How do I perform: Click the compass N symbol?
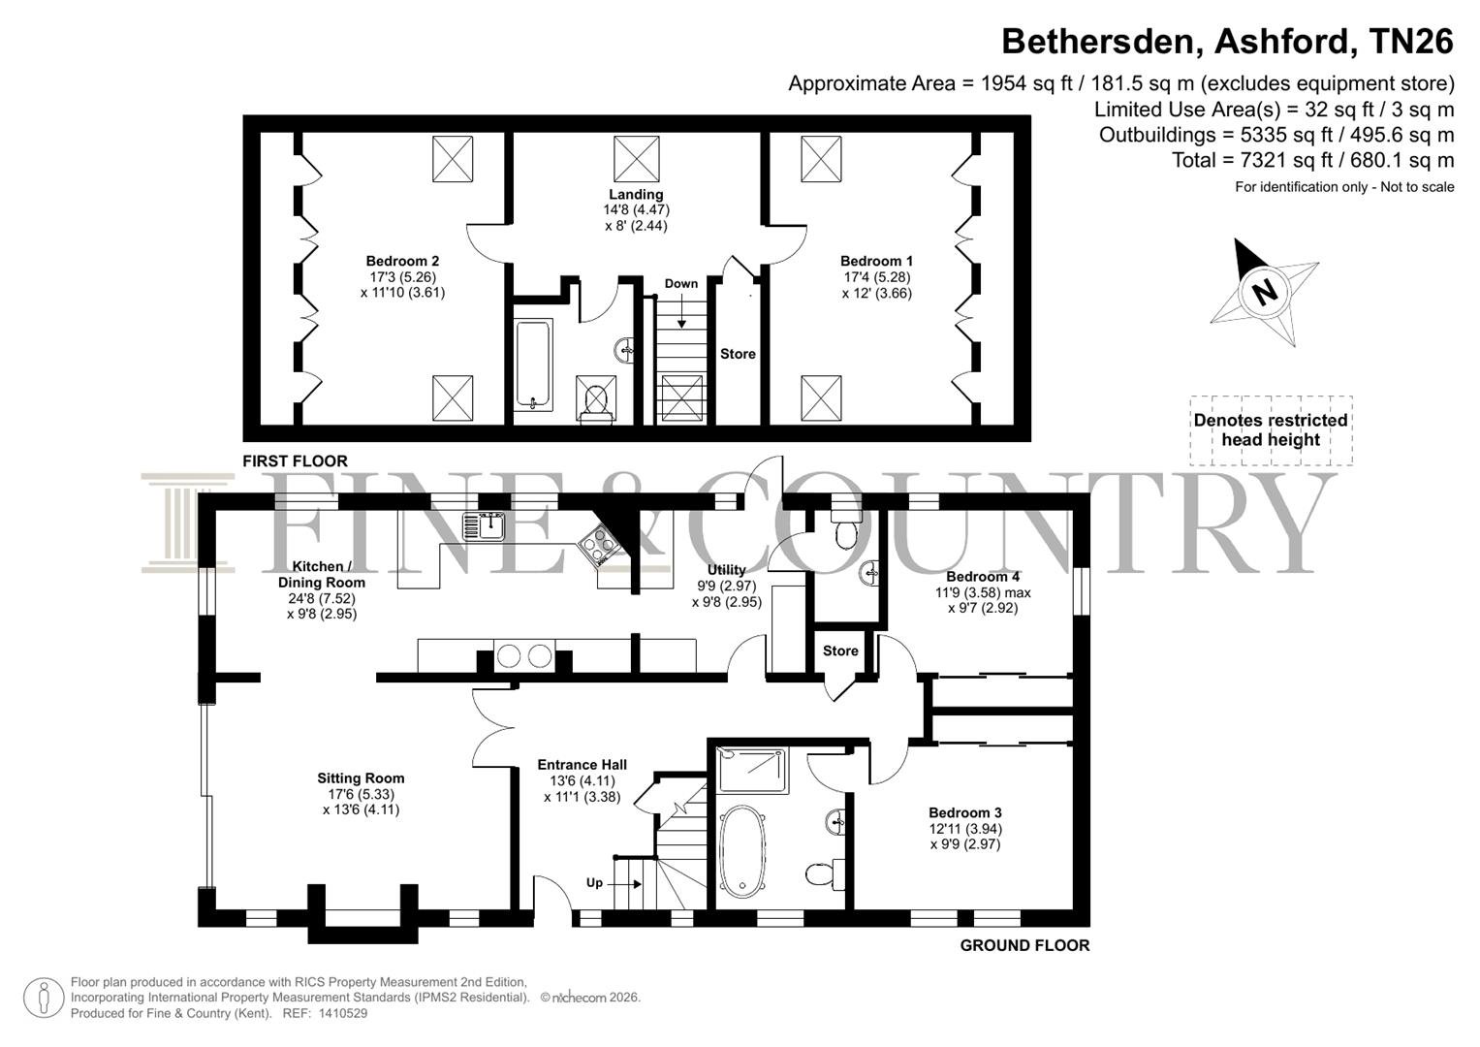coord(1265,292)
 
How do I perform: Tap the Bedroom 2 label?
coord(402,261)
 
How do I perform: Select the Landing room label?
coord(636,194)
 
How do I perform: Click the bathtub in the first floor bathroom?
coord(533,365)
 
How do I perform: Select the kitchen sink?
coord(483,526)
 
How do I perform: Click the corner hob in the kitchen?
coord(599,546)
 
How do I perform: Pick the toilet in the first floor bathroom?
coord(596,398)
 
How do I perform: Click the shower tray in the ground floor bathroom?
coord(752,770)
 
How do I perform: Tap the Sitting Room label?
coord(361,778)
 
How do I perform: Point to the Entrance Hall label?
coord(583,765)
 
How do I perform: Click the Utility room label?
coord(727,570)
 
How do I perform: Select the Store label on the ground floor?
coord(840,651)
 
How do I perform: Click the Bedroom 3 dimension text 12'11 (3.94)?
coord(965,829)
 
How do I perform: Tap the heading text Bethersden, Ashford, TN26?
coord(1228,41)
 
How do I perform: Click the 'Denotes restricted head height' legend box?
coord(1272,430)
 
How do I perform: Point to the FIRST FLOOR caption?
coord(295,461)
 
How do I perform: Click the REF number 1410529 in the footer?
coord(343,1013)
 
